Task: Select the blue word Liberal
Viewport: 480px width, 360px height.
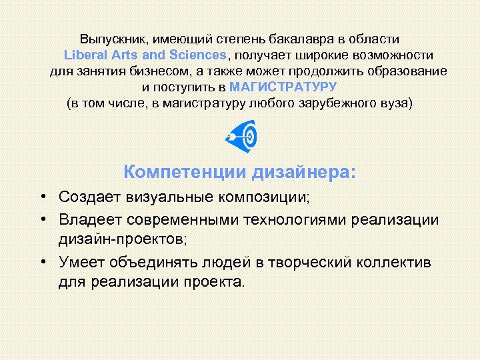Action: (85, 55)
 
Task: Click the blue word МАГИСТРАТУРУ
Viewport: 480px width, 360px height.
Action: (283, 87)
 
